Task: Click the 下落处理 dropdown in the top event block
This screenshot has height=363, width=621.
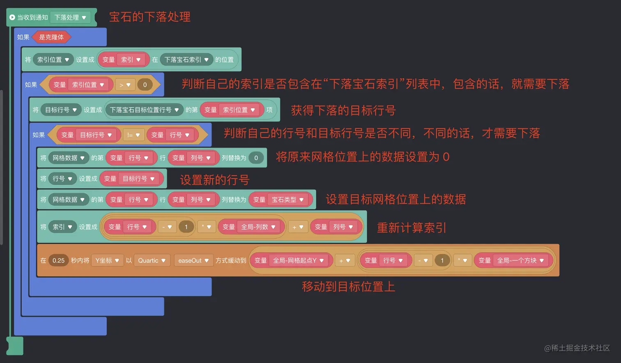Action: (x=70, y=18)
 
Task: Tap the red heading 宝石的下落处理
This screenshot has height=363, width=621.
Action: (x=149, y=17)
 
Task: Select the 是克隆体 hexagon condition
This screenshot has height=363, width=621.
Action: (x=51, y=37)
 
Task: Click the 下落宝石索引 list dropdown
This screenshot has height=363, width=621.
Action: (x=186, y=60)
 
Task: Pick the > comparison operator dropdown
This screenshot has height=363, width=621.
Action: (x=125, y=85)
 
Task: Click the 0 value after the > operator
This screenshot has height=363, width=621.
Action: (x=145, y=85)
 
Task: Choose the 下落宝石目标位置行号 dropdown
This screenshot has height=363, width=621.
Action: (x=144, y=110)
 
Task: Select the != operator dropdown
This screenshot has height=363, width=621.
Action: (x=133, y=135)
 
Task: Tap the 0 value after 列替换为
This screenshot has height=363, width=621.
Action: (x=256, y=158)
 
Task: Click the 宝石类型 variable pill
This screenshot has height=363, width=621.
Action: (x=287, y=200)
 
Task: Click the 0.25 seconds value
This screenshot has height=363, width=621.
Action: (x=58, y=260)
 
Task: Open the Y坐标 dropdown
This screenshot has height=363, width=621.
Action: (x=107, y=260)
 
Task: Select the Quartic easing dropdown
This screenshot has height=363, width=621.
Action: (x=152, y=260)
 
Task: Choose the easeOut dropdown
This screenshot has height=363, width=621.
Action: (x=193, y=260)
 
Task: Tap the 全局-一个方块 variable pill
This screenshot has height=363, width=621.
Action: (x=520, y=260)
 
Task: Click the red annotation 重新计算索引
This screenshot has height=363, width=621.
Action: (x=411, y=227)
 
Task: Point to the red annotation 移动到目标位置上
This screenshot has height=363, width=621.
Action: (x=348, y=286)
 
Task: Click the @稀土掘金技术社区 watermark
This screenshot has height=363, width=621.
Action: (x=577, y=348)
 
